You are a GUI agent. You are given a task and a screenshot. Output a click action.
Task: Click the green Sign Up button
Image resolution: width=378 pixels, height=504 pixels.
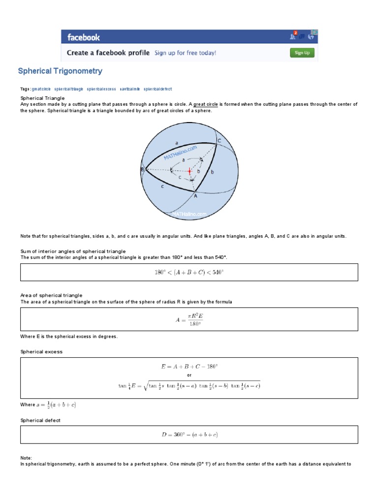(302, 53)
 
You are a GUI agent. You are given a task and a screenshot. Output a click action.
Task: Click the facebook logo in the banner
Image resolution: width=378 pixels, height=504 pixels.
(84, 37)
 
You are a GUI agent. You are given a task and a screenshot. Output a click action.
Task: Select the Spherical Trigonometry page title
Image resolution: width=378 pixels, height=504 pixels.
(60, 71)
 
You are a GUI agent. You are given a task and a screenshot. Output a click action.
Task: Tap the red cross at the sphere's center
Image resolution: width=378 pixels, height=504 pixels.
(189, 171)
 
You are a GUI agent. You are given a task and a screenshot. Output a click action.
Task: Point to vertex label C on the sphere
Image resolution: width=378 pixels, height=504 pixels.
(220, 141)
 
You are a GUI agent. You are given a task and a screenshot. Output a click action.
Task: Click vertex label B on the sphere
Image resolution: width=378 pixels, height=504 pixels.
(142, 170)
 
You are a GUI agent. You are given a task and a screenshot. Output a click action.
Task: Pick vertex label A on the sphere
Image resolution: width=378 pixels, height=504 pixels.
(195, 195)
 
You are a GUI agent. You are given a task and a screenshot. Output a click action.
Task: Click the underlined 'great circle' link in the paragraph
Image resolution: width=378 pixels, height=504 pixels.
(206, 104)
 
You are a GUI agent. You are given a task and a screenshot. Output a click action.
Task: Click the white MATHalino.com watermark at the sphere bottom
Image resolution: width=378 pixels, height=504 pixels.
(189, 214)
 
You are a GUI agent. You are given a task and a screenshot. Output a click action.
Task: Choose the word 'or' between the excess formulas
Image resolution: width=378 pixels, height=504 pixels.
(189, 375)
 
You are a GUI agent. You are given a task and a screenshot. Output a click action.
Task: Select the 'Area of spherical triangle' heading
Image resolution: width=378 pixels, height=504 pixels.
(51, 295)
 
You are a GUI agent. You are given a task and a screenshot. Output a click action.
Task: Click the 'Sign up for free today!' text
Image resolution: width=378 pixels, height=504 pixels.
(185, 53)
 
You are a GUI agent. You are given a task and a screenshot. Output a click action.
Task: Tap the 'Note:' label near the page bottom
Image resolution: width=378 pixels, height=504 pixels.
(26, 458)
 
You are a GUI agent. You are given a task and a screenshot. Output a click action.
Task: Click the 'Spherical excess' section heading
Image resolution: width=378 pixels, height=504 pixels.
(41, 352)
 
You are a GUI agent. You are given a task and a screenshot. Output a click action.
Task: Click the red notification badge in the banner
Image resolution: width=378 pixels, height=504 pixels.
(295, 33)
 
